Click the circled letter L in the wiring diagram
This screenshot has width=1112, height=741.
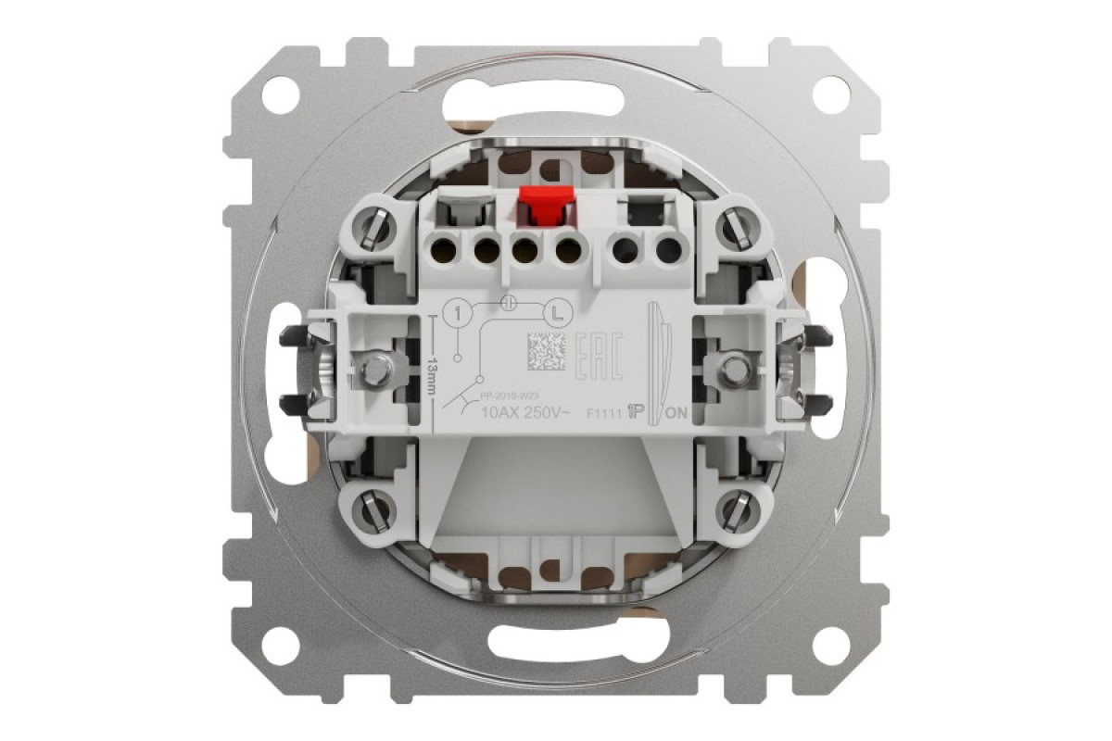tap(555, 313)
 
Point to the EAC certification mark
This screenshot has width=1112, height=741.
tap(600, 351)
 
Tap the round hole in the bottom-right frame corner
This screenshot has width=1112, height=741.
tap(831, 641)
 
